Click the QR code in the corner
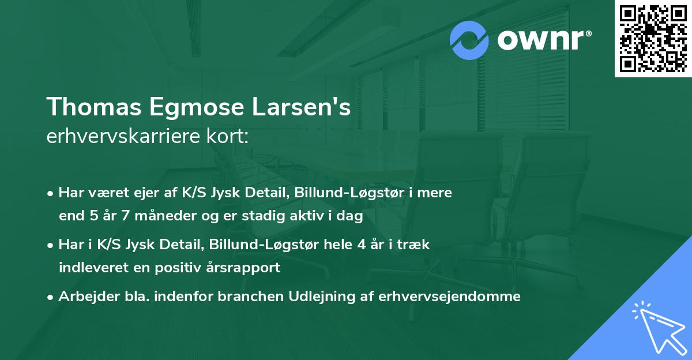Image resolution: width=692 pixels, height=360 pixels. [x=653, y=38]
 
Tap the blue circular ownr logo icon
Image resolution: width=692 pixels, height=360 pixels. [x=469, y=40]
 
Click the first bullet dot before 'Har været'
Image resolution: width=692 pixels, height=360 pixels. [x=51, y=193]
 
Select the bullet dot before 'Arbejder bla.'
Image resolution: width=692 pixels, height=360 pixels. [x=51, y=297]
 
